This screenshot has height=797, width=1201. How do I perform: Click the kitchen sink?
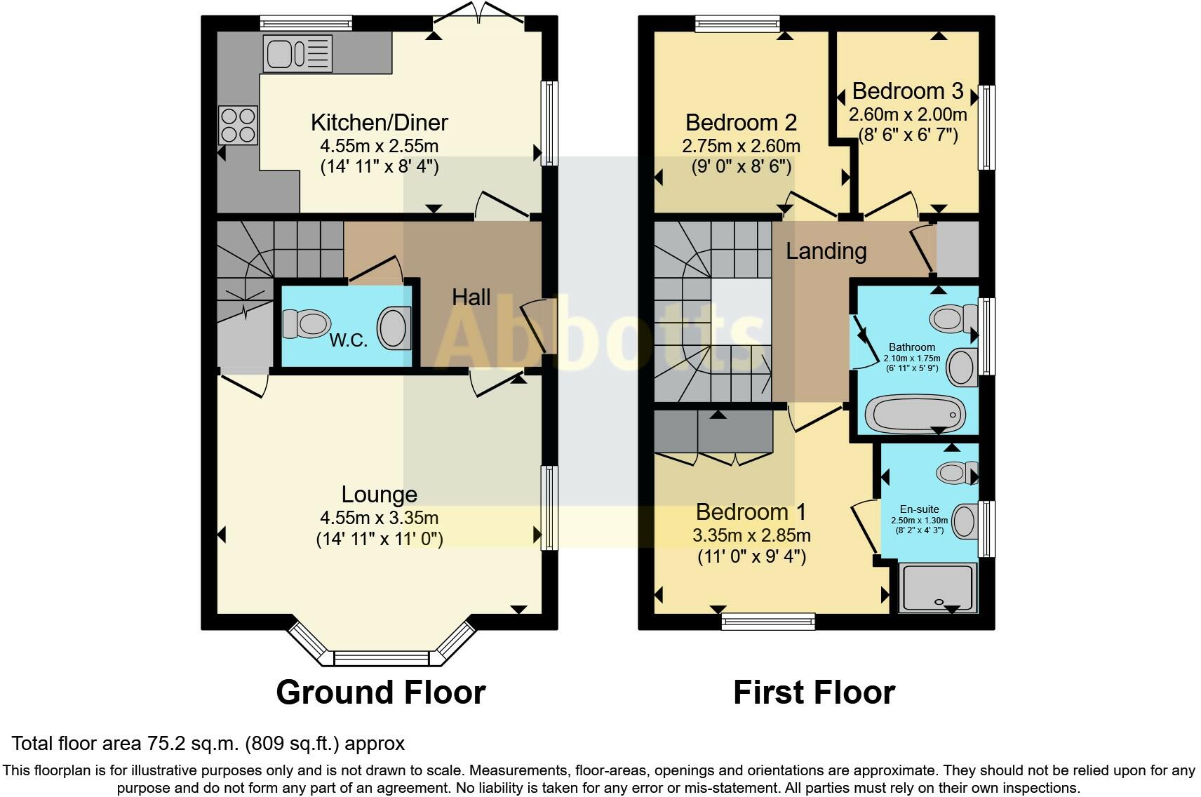pyautogui.click(x=297, y=53)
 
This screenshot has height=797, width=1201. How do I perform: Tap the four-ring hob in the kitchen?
pyautogui.click(x=239, y=125)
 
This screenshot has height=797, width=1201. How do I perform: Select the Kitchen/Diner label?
pyautogui.click(x=379, y=123)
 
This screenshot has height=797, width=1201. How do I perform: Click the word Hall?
pyautogui.click(x=471, y=297)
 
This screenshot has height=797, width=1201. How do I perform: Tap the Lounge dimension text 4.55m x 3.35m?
pyautogui.click(x=379, y=518)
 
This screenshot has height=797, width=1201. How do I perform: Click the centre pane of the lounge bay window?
pyautogui.click(x=381, y=658)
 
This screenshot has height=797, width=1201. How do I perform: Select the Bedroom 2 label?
pyautogui.click(x=741, y=123)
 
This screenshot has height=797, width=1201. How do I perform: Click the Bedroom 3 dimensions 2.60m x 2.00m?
pyautogui.click(x=908, y=114)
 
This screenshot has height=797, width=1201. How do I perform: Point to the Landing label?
pyautogui.click(x=826, y=250)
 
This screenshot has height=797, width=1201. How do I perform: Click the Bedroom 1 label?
pyautogui.click(x=751, y=511)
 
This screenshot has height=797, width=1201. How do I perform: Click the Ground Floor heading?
pyautogui.click(x=380, y=692)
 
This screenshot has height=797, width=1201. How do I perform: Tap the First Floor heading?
pyautogui.click(x=814, y=692)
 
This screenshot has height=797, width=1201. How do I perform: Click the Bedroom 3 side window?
pyautogui.click(x=987, y=128)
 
